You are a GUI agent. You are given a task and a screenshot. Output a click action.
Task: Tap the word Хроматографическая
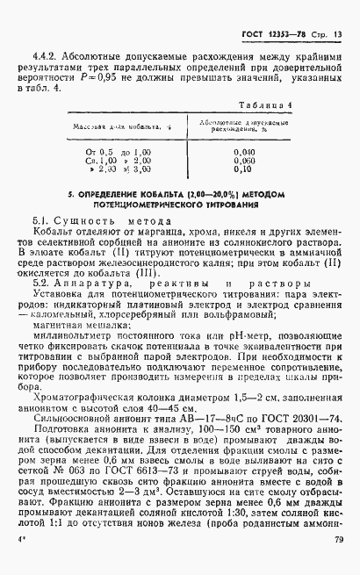tap(83, 398)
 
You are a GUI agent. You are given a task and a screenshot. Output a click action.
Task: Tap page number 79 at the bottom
tap(338, 566)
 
